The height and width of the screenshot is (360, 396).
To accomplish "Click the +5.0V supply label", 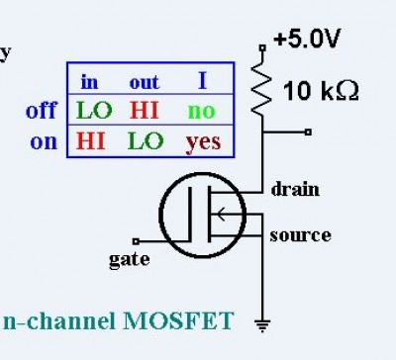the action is click(307, 39).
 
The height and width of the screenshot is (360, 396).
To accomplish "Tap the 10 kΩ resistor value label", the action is click(321, 91).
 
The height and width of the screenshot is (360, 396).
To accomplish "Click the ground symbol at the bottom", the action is click(262, 326).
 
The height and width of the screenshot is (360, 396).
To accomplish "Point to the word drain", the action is click(295, 190).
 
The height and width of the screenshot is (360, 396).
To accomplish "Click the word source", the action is click(300, 235).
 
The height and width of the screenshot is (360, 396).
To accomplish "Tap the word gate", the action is click(130, 260).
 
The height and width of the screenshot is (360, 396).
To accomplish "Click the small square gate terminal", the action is click(136, 241).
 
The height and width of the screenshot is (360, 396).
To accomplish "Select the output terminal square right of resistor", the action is click(308, 133).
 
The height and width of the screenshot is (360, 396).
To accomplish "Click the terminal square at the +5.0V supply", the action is click(262, 48).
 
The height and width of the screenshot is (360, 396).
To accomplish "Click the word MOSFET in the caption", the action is click(178, 320).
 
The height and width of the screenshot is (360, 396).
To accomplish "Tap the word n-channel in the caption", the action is click(59, 320).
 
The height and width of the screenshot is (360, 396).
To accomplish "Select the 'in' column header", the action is click(89, 81).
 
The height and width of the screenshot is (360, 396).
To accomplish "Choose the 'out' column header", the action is click(145, 82).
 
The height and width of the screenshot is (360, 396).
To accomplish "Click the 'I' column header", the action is click(203, 81).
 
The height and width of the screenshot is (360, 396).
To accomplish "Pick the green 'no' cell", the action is click(201, 112).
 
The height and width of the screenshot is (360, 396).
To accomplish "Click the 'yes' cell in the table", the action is click(203, 142).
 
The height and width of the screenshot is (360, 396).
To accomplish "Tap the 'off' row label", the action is click(42, 110).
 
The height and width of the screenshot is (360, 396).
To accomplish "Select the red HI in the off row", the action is click(145, 110).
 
